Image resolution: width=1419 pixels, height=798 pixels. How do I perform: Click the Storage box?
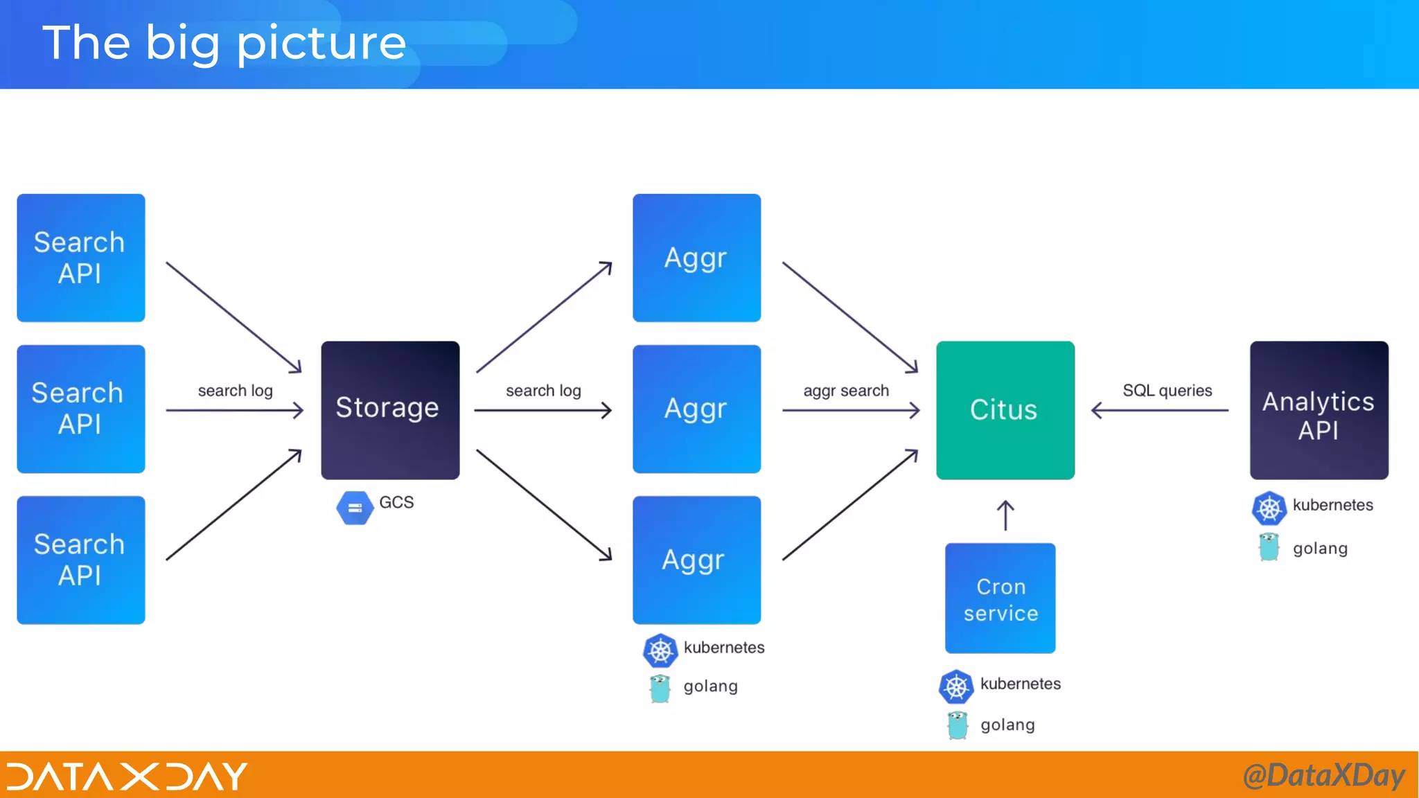390,409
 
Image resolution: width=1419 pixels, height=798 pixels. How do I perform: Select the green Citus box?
1005,409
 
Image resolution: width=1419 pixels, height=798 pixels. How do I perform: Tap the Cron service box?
1000,598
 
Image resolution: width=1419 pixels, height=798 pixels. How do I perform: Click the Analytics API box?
1319,409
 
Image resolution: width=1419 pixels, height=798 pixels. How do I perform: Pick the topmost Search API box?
81,258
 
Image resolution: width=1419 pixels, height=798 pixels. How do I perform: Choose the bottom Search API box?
81,560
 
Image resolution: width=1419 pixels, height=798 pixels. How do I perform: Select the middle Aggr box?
696,409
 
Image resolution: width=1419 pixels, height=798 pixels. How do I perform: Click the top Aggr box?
696,258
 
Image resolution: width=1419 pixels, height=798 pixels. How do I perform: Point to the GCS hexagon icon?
355,508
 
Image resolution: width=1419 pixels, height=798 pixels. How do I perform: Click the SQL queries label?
1167,391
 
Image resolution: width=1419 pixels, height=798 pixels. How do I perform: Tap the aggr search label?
845,391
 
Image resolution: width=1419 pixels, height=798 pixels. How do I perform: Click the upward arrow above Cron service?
1005,515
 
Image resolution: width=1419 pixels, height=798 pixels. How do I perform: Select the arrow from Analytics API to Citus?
1160,410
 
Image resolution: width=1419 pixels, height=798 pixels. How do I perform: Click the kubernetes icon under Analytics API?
1269,508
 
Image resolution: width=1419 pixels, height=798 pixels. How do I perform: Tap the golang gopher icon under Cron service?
957,725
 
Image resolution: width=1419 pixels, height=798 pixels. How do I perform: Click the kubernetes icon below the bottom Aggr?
660,650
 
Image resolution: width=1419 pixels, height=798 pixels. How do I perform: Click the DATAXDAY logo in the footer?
127,776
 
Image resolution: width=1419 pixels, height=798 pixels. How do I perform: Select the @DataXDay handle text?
1323,775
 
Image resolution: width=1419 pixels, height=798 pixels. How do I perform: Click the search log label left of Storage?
235,391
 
